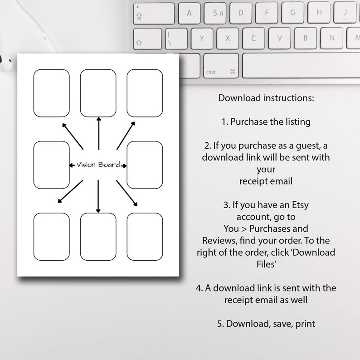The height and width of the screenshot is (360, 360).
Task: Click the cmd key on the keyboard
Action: pos(221,66)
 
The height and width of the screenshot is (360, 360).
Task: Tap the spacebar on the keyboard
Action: pos(301,66)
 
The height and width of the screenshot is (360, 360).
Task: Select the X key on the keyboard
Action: pos(228,39)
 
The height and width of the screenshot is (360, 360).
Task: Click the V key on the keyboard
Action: pos(279,38)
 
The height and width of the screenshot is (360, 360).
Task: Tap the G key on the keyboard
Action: pos(293,13)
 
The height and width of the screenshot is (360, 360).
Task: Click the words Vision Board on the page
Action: pos(98,165)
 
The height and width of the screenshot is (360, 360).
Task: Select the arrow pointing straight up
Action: pos(99,133)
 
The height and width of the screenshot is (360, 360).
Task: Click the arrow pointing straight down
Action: pos(98,196)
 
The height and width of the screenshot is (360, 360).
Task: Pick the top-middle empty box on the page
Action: pos(98,93)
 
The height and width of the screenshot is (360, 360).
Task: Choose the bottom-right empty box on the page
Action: pos(145,237)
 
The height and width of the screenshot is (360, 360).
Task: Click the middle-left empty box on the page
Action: pos(51,165)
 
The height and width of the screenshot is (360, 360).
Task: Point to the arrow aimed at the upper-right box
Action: pos(126,136)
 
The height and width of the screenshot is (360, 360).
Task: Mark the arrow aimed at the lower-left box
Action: pos(70,191)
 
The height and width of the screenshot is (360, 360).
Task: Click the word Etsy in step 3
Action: pos(300,205)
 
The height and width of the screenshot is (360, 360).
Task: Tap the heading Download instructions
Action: pos(266,98)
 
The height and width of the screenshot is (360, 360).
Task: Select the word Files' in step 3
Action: pos(266,264)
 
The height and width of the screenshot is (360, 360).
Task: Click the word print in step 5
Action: pos(305,324)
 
